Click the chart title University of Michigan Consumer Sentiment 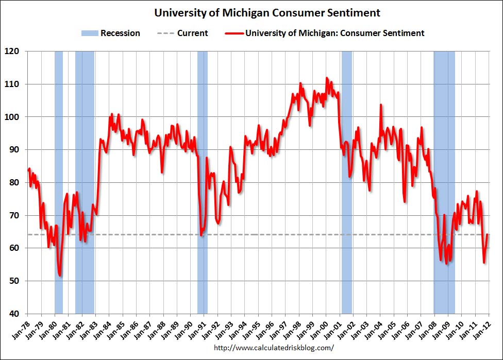pyautogui.click(x=267, y=13)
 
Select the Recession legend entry pyautogui.click(x=110, y=33)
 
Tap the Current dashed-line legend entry pyautogui.click(x=182, y=33)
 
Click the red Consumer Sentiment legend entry pyautogui.click(x=325, y=33)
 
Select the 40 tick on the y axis pyautogui.click(x=13, y=314)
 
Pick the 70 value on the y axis pyautogui.click(x=13, y=215)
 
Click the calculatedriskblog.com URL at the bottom pyautogui.click(x=273, y=348)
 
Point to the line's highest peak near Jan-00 pyautogui.click(x=326, y=78)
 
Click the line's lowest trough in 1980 pyautogui.click(x=60, y=276)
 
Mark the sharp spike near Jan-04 pyautogui.click(x=381, y=105)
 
